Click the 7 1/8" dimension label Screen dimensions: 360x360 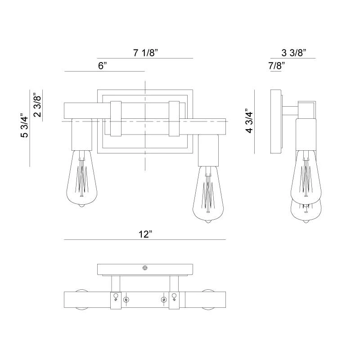[145, 53]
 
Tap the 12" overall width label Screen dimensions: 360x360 [145, 234]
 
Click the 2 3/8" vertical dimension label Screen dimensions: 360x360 [38, 104]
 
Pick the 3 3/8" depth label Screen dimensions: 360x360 [294, 53]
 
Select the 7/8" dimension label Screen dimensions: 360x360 [277, 66]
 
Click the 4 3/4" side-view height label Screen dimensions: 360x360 [248, 121]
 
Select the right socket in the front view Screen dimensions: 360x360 [208, 150]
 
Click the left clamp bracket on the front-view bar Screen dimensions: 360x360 [116, 119]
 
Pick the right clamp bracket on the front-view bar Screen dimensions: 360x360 [174, 119]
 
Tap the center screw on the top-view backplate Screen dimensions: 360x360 [145, 268]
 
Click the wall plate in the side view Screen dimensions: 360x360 [276, 121]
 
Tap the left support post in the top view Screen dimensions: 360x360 [116, 283]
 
